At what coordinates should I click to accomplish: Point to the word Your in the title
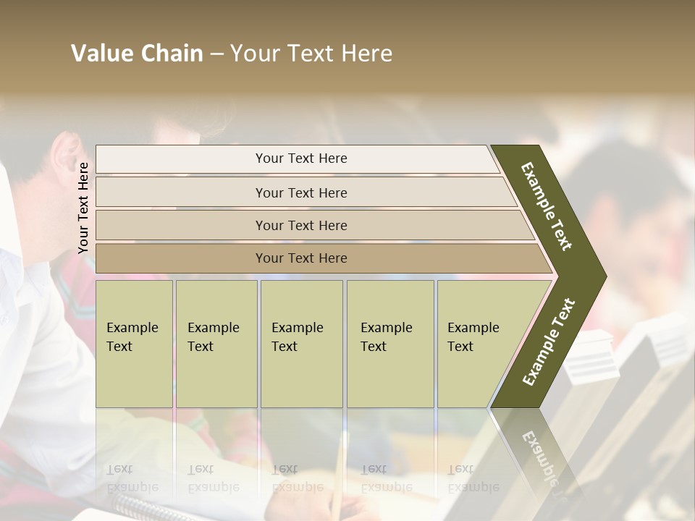(253, 54)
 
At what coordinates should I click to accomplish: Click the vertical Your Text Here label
(83, 208)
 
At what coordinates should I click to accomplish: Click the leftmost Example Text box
(134, 344)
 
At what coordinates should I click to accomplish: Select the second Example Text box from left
(216, 344)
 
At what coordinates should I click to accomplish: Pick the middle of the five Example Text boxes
(301, 344)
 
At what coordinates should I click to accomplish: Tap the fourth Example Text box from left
(390, 344)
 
